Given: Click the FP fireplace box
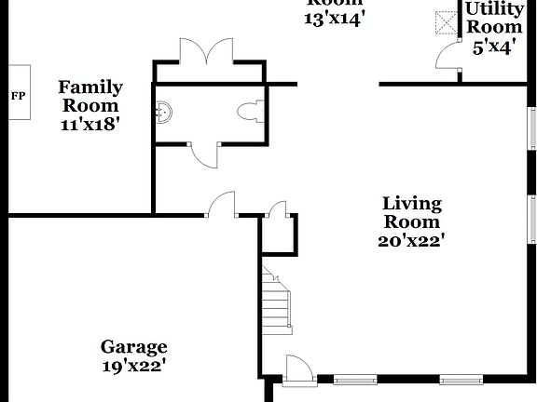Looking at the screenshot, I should point(19,95).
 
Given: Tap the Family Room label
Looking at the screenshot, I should point(90,96).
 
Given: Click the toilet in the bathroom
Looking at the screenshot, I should point(249,113).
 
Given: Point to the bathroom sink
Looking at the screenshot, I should point(164,113).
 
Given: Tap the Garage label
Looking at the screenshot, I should point(134,347).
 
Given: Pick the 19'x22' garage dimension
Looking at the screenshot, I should point(134,367).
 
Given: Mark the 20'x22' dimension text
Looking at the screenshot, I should point(411,240).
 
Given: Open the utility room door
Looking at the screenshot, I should point(448,58).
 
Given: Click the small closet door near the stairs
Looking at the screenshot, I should point(277,209).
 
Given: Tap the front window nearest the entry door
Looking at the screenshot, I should point(355,380).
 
